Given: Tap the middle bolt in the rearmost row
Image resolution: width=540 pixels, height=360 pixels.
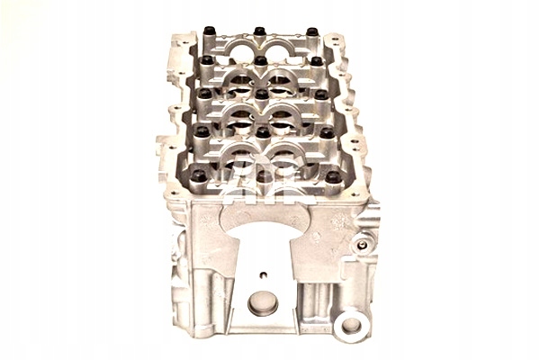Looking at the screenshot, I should pos(259,31).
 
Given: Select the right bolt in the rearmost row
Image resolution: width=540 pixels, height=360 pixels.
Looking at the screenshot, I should pos(311,31).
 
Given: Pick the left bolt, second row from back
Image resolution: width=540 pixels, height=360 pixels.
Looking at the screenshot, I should pos(206,61).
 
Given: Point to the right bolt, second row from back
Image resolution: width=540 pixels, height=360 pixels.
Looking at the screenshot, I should pos(316,61).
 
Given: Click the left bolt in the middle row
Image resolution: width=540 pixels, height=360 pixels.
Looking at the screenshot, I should pos(204,93).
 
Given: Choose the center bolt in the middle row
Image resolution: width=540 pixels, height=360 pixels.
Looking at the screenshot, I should pos(261,93).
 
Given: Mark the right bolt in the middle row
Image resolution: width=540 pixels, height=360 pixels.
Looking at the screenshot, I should pos(320,94).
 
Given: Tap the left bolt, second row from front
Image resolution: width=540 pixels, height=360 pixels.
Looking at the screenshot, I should pos(202,131).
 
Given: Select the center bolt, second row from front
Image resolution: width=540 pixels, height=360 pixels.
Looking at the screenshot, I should pos(262,132).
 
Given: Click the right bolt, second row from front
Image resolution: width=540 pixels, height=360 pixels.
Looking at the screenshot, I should pos(326,132).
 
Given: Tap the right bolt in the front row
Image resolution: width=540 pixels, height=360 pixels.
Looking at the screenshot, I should pos(333,177).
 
